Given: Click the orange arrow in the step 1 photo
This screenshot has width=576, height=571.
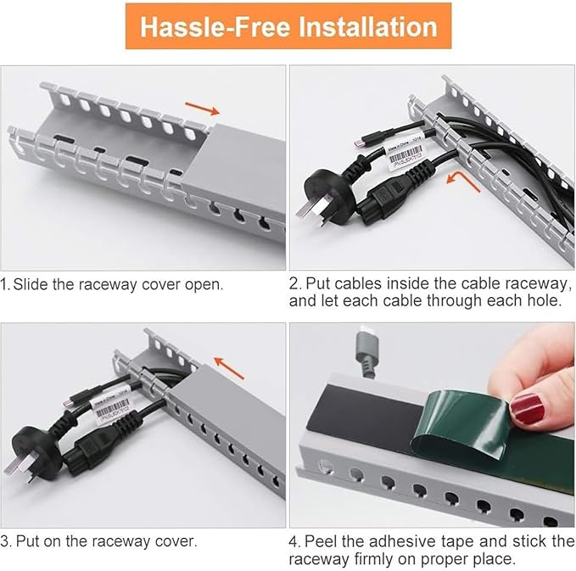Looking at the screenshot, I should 202,108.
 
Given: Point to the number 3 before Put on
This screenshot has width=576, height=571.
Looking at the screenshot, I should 5,540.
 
